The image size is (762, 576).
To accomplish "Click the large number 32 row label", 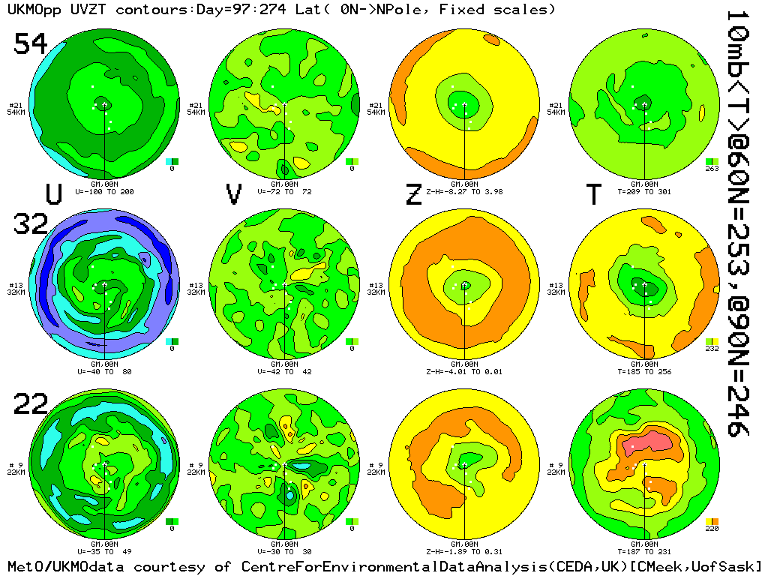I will [31, 223].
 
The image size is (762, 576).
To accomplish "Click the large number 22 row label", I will [31, 405].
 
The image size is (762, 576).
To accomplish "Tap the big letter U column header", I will [53, 194].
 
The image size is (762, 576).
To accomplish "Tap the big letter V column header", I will [234, 194].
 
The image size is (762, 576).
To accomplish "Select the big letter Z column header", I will [413, 194].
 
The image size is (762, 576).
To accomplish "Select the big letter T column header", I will [593, 194].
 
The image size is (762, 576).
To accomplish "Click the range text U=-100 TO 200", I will [104, 191].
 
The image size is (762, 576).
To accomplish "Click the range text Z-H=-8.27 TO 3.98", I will [464, 191].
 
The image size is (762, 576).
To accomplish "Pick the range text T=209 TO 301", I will [644, 191].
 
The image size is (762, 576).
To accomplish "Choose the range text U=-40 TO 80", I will [104, 371].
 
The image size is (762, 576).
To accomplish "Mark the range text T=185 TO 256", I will [644, 371].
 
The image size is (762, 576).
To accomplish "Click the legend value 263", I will [712, 169].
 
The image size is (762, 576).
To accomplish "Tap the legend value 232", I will [712, 349].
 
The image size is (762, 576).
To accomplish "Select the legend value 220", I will [712, 529].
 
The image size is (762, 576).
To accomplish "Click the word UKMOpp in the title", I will [29, 10].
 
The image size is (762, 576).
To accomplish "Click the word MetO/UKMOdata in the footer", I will [56, 566].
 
